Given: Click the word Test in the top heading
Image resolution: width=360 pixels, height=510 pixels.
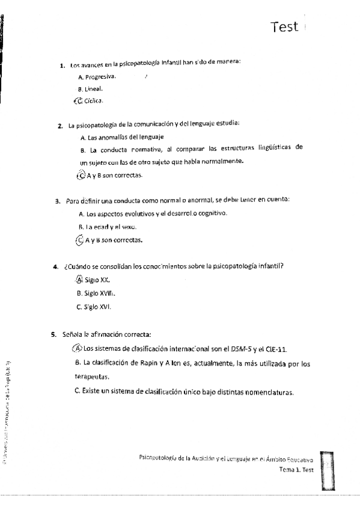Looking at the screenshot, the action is (284, 26).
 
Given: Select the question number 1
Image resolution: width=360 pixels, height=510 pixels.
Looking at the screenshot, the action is (63, 66).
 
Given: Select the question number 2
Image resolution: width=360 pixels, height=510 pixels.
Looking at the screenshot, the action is (60, 126).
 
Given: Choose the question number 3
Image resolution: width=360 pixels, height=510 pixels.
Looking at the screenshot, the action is (57, 201).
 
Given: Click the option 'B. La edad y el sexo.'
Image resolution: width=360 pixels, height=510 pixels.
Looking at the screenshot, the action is (108, 227).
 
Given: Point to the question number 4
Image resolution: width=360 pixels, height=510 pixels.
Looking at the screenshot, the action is (55, 266).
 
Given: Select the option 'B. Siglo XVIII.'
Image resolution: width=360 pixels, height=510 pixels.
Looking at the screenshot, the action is (96, 293).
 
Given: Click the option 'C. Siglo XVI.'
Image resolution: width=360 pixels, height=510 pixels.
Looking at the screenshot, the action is (94, 307).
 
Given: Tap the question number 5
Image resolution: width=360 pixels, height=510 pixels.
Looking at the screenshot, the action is (53, 334).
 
